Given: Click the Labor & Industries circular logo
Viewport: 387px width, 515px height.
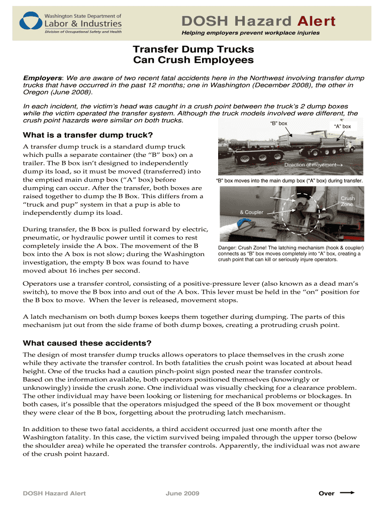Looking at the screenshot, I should pos(31,22).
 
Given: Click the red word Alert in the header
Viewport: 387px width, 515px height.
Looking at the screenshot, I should pos(316,21).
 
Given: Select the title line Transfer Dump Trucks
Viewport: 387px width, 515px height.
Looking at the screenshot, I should pos(193,49).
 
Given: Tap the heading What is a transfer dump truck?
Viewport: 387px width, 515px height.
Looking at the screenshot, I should pos(88,135).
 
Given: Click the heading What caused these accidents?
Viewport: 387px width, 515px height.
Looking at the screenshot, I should pos(87,343).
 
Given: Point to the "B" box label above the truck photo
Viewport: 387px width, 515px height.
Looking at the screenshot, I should pos(278,123).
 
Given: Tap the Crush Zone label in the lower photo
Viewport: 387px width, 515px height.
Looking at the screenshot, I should pos(347,201).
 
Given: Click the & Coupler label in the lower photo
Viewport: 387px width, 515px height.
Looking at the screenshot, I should pos(251,212).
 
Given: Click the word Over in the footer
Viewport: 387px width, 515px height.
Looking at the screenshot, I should pos(326,493).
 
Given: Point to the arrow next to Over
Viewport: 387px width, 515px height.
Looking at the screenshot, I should pos(347,493).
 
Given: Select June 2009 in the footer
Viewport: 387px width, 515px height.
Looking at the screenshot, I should pos(182,493).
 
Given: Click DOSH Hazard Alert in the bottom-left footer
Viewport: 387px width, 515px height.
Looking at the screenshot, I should pos(54,493).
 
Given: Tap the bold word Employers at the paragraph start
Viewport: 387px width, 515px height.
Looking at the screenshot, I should pos(42,78).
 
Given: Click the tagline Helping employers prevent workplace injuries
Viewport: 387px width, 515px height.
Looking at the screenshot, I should pos(250,33).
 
